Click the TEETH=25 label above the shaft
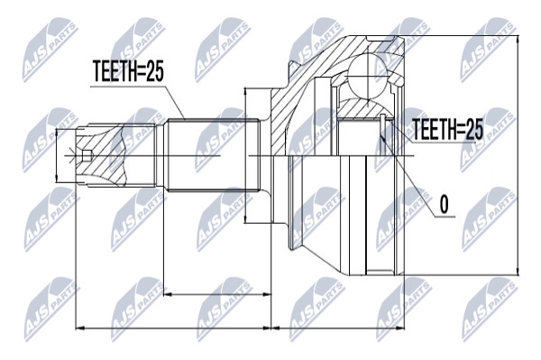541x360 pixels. (x=128, y=72)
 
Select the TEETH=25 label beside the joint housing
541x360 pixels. (x=447, y=129)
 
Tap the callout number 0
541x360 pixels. (x=445, y=204)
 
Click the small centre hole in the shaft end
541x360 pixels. (x=87, y=156)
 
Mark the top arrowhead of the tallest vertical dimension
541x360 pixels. (x=518, y=40)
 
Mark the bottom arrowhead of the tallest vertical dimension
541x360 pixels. (x=518, y=271)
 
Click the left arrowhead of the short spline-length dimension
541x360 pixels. (x=168, y=294)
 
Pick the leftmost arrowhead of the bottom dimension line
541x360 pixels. (x=79, y=328)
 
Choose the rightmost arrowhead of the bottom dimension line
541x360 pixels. (x=400, y=328)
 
